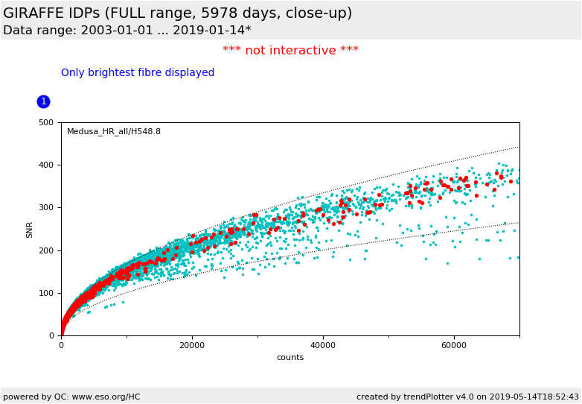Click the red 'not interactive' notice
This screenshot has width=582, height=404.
point(290,51)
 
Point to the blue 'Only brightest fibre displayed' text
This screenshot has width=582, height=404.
point(138,73)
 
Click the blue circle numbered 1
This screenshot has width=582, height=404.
point(43,101)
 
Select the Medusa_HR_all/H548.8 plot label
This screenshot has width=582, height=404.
point(113,132)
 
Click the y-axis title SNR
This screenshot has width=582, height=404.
point(30,230)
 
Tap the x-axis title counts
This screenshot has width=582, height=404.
point(290,357)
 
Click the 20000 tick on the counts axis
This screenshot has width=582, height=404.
point(192,345)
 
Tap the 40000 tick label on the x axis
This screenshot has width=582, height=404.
point(323,345)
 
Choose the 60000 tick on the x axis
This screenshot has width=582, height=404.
point(454,345)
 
